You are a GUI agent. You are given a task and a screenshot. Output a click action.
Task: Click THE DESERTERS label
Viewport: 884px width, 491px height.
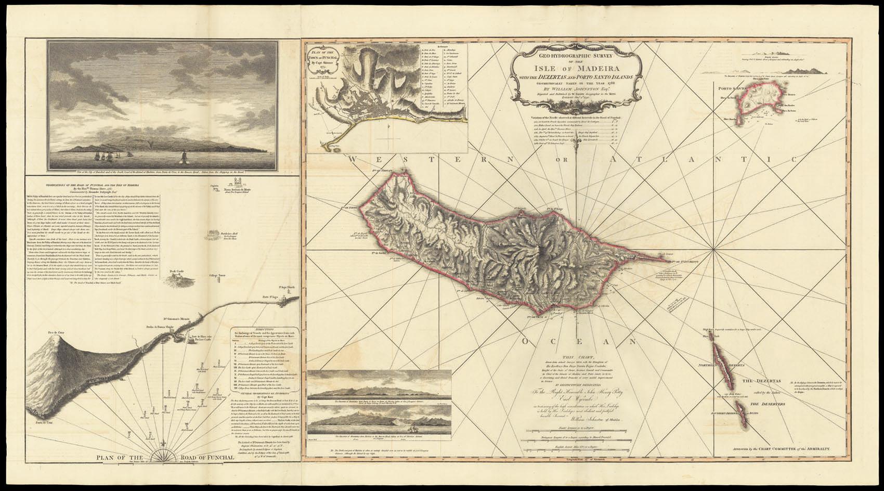[764, 404]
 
